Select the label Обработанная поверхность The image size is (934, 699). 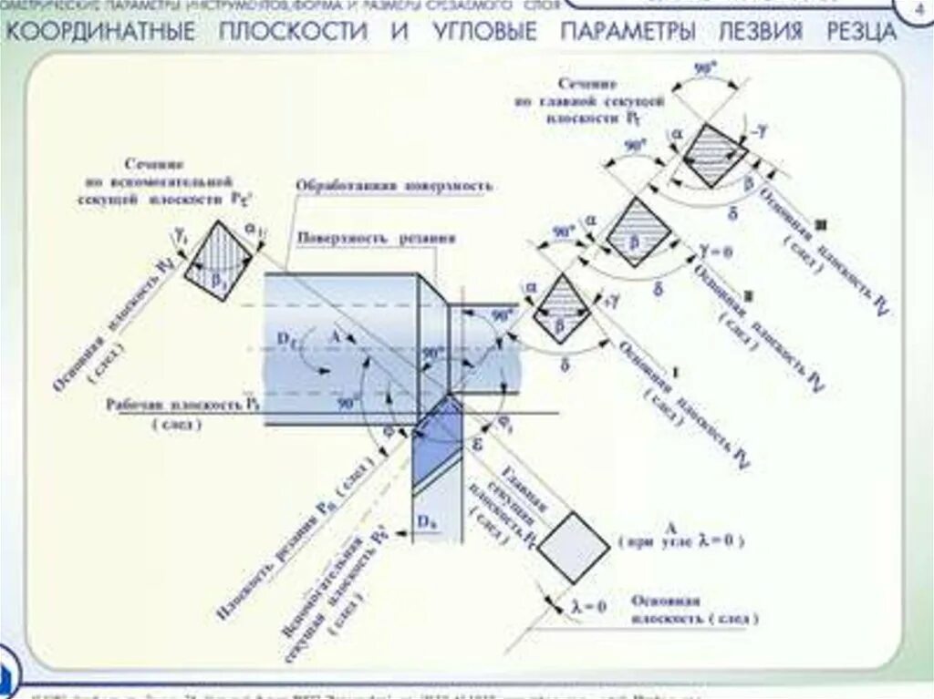[x=393, y=186]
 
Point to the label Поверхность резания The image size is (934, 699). [x=376, y=239]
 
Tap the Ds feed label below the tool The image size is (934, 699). [x=426, y=521]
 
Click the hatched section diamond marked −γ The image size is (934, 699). [x=714, y=154]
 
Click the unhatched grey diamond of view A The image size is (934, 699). [x=573, y=547]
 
